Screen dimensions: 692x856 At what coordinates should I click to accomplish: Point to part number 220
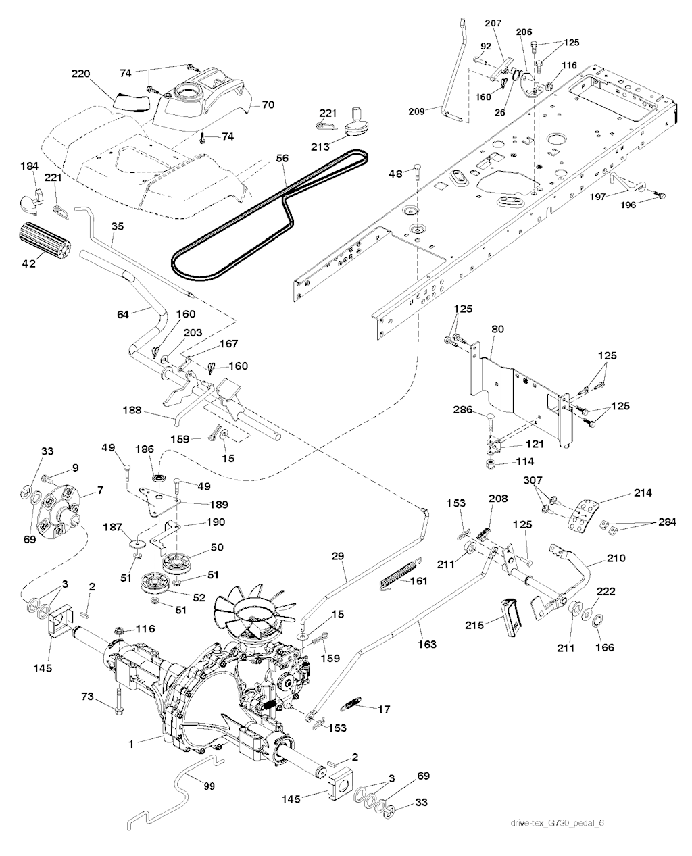(x=81, y=74)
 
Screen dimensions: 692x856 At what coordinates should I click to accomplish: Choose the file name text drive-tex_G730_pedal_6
(x=557, y=820)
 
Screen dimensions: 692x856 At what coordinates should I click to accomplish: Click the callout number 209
(x=416, y=111)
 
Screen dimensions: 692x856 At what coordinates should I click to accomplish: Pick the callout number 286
(x=462, y=410)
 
